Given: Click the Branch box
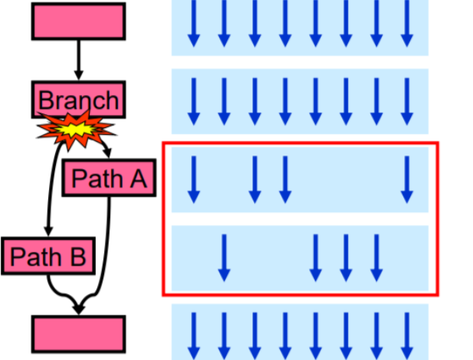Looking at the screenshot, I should tap(78, 99).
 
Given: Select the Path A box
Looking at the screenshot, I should tap(108, 178).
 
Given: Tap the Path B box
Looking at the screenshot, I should tap(47, 255).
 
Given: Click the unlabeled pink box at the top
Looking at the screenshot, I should tap(78, 21).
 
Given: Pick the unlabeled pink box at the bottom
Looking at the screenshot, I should tap(78, 333).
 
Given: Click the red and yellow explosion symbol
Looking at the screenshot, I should tap(75, 130).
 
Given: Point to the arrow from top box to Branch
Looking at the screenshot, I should tap(78, 60).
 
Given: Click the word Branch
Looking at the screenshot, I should tap(78, 100).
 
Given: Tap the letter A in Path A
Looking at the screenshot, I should tap(135, 178).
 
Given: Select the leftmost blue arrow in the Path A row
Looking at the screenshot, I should tap(194, 179).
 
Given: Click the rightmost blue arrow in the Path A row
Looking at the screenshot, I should tap(407, 179).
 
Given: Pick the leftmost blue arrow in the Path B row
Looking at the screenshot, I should tap(223, 257).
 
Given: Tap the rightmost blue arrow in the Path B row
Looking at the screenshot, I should tap(376, 257).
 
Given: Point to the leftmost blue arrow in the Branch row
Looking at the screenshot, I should tap(194, 100).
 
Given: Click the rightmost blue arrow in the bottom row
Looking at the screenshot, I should tap(407, 335).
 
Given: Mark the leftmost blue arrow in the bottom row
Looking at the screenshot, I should tap(194, 335).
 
